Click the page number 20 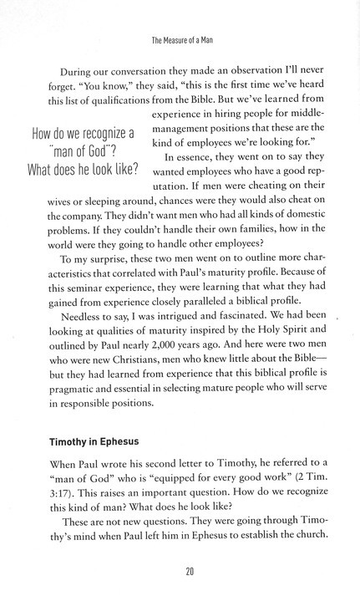180,571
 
